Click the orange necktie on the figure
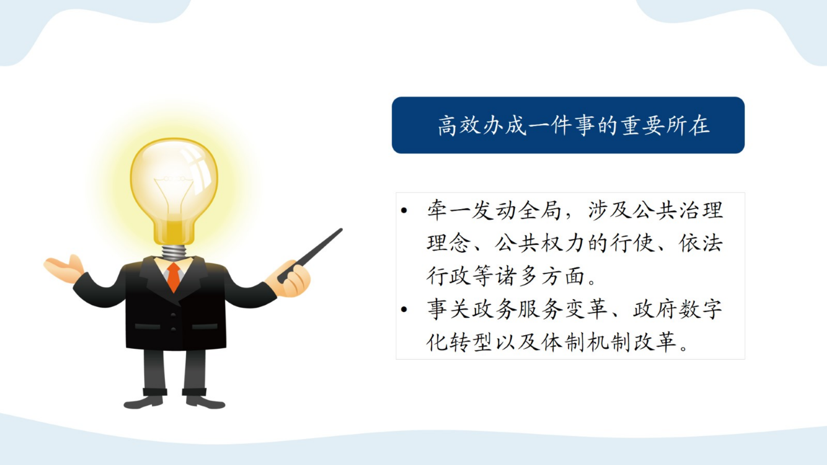[x=174, y=277]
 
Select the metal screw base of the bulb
[x=174, y=253]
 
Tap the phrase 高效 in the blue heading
[x=459, y=126]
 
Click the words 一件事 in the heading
[x=562, y=126]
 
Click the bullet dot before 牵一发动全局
[x=404, y=211]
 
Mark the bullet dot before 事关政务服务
[x=404, y=309]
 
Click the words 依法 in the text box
[x=701, y=243]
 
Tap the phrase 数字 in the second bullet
[x=701, y=309]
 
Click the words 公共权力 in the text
[x=540, y=243]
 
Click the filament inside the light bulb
[x=174, y=194]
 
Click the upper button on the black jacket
[x=173, y=315]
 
